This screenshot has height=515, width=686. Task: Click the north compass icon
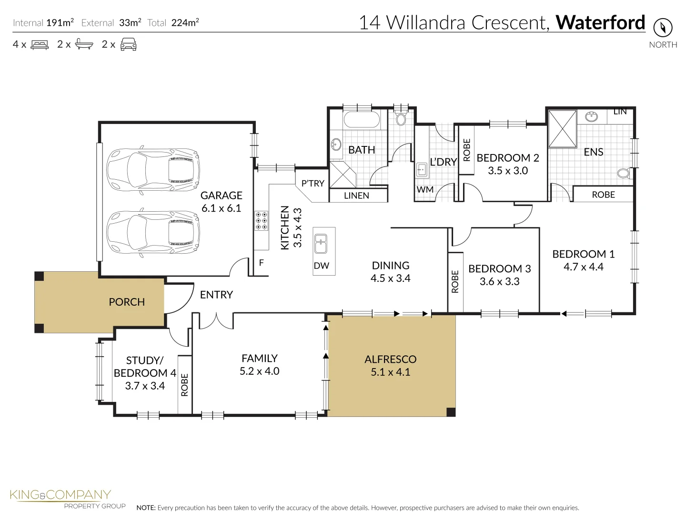(663, 28)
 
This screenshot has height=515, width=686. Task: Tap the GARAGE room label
(221, 196)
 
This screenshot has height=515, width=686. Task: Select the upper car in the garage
(152, 169)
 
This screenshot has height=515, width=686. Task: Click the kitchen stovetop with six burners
(261, 221)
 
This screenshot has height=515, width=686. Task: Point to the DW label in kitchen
(322, 266)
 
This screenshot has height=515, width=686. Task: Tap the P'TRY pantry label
(313, 184)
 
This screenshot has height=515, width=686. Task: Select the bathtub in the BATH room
(362, 120)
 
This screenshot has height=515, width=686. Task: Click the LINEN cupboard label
(356, 196)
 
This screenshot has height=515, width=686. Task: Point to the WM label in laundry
(425, 190)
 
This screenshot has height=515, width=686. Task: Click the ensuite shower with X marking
(562, 129)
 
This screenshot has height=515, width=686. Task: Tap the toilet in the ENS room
(623, 173)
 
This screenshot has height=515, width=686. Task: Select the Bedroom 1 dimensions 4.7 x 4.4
(583, 267)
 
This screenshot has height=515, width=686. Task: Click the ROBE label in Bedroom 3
(455, 281)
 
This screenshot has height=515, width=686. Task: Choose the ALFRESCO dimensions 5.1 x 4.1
(390, 372)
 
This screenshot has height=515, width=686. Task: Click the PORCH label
(127, 302)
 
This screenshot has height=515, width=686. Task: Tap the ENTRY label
(216, 295)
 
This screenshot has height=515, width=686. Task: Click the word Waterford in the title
(600, 22)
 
